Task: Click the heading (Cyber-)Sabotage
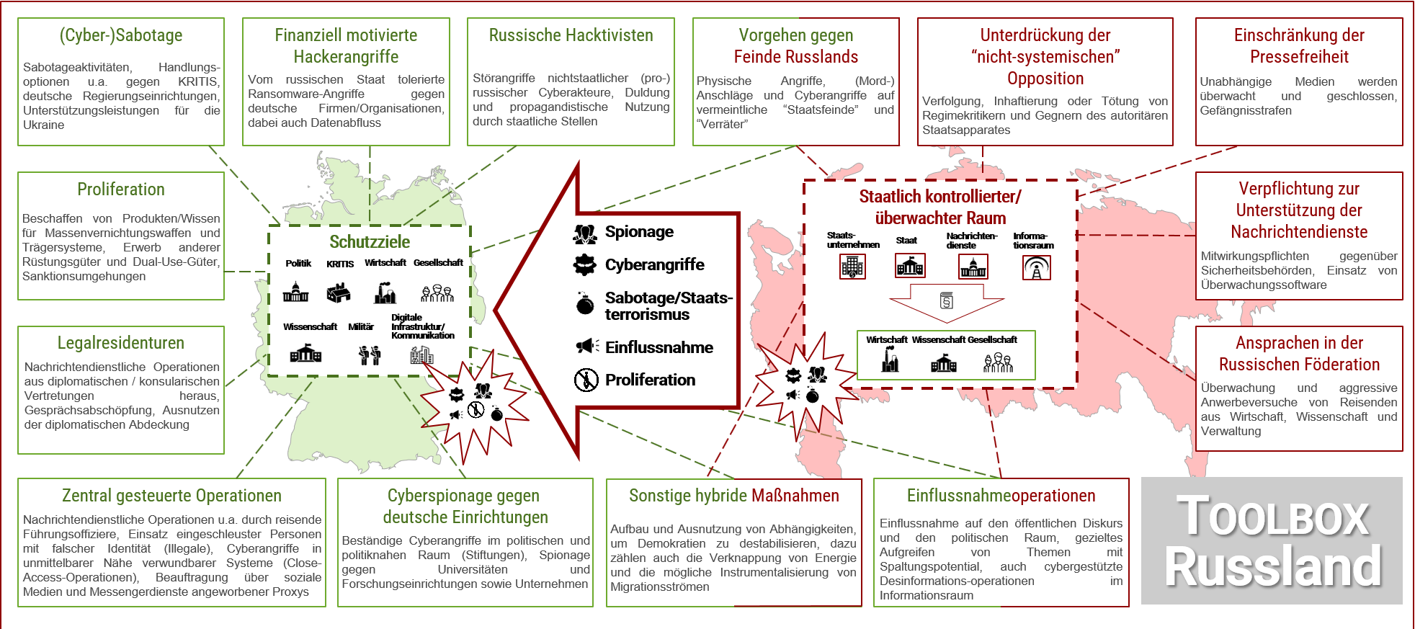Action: pos(120,35)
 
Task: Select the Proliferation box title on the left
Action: pos(120,189)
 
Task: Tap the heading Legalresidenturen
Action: pos(120,343)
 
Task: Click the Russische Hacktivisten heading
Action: pos(571,35)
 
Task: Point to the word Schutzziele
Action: pos(370,242)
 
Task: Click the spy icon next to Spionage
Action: pos(585,233)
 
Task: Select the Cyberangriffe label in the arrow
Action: pos(654,264)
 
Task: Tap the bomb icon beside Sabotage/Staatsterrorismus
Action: pos(585,305)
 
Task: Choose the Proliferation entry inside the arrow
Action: pos(650,380)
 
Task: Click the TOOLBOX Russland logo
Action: pos(1272,540)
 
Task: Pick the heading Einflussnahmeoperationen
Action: pos(1001,496)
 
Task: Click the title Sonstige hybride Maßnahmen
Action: pos(733,496)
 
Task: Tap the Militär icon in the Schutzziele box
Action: pos(370,354)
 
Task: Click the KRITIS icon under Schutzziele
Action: pos(339,293)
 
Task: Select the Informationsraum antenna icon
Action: pos(1036,268)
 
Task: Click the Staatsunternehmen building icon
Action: pos(852,267)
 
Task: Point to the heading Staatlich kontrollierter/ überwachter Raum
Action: pos(940,207)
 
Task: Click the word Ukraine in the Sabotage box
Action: pos(43,125)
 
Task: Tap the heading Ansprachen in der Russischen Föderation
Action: pos(1299,354)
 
